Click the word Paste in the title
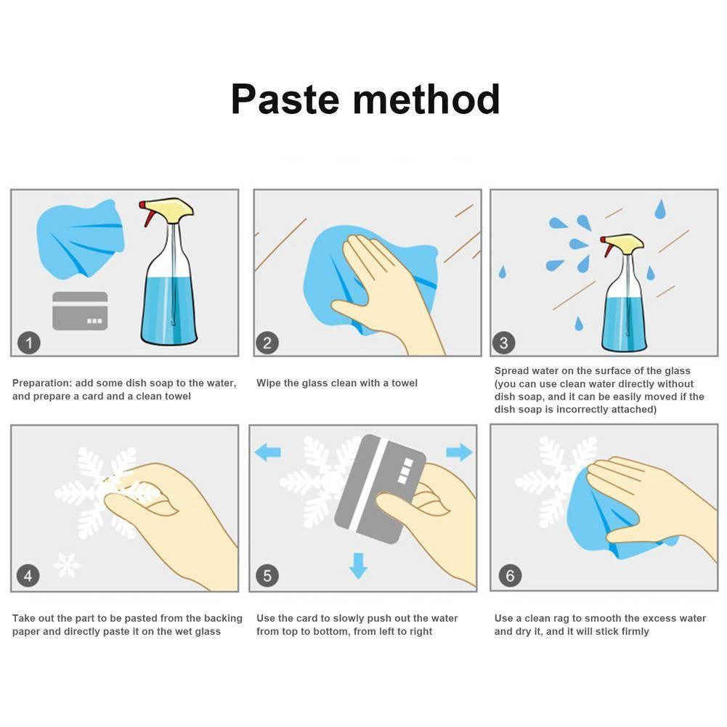(x=285, y=99)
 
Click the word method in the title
(x=426, y=99)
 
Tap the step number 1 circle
(x=29, y=343)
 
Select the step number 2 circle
(x=267, y=343)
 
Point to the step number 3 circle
(x=504, y=343)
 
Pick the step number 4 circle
(x=28, y=576)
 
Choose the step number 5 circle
(x=267, y=576)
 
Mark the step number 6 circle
(x=510, y=576)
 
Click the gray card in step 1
(x=80, y=311)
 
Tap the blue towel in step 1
(x=80, y=240)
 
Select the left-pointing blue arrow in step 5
(x=268, y=452)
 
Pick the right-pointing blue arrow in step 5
(x=459, y=452)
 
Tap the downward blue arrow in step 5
(x=358, y=565)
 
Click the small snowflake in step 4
(x=66, y=565)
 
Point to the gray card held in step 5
(x=380, y=490)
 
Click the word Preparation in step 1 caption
(x=42, y=383)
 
